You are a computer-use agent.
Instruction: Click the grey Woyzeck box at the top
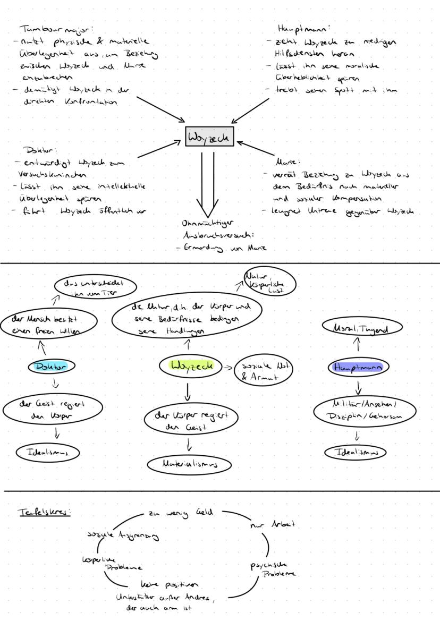point(209,138)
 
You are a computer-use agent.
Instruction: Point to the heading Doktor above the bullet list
point(38,151)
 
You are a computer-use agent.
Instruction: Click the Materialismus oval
point(190,463)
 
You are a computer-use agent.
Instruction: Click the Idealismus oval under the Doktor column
point(48,453)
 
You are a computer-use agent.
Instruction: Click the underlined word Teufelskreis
point(45,512)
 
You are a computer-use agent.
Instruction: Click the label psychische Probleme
point(274,569)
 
